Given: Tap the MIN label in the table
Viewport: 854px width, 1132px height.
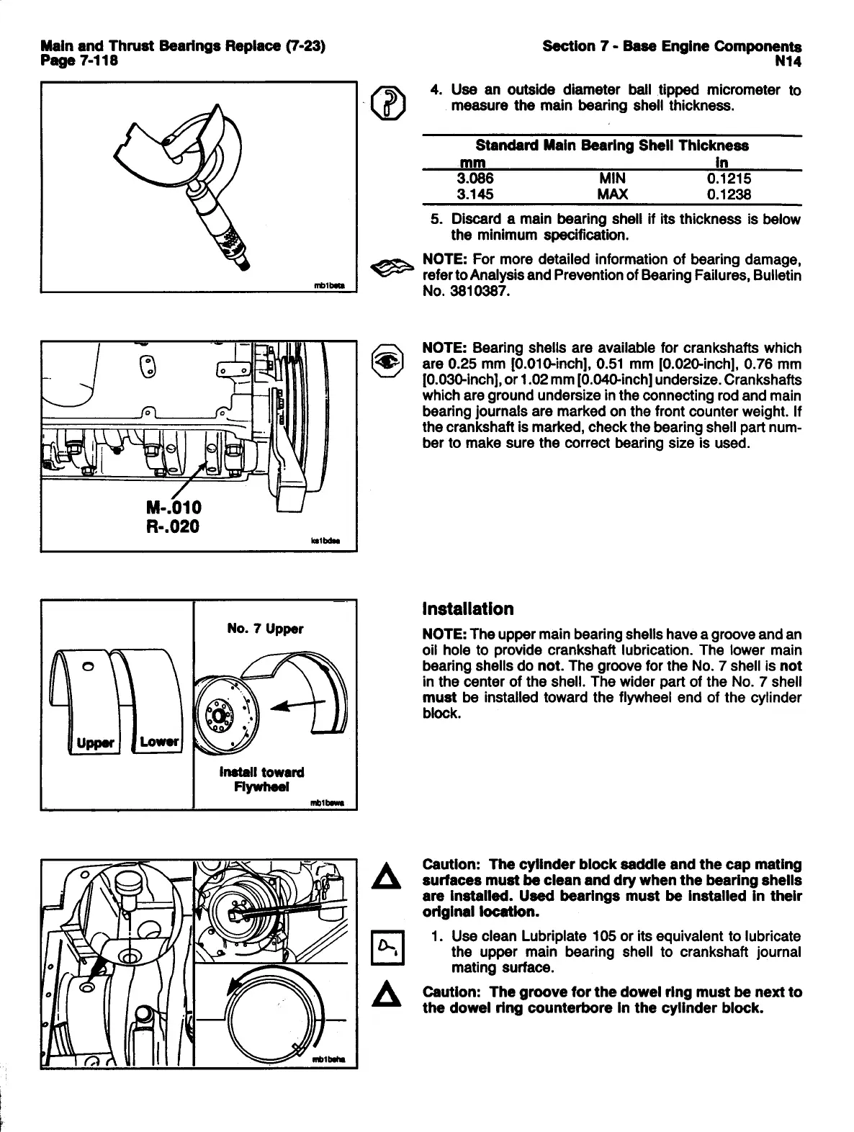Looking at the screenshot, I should click(x=612, y=179).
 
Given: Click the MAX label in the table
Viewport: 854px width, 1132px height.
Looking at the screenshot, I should click(x=612, y=194).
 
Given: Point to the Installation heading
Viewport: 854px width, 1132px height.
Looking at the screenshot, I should click(x=468, y=609).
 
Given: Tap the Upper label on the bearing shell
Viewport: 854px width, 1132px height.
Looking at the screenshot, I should click(x=96, y=742).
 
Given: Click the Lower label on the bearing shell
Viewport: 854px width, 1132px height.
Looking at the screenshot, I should click(x=159, y=742).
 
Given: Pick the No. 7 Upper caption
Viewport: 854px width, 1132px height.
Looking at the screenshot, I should click(x=265, y=629).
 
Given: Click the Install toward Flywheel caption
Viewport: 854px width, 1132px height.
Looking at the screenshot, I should click(x=261, y=779).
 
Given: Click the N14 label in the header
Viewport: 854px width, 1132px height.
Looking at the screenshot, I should click(x=788, y=61).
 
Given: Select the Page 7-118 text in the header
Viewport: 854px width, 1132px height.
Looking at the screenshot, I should click(x=79, y=61).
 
